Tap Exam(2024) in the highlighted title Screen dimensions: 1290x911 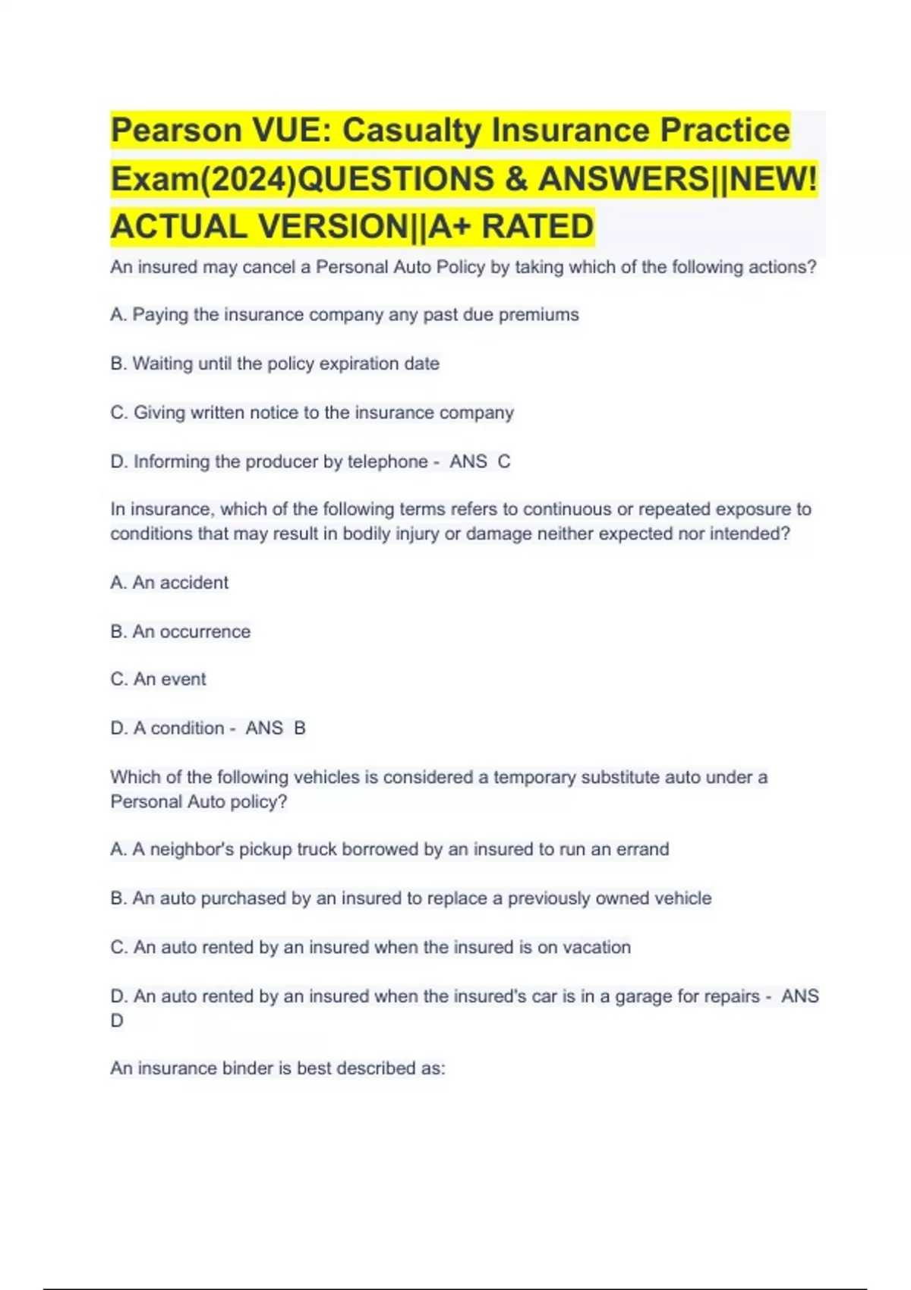pos(205,179)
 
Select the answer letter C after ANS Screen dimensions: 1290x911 pos(504,461)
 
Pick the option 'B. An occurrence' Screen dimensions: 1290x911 pos(180,631)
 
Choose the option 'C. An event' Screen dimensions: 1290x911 pos(158,679)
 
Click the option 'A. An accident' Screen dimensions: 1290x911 pos(169,583)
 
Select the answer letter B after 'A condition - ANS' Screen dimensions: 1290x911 pos(300,728)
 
